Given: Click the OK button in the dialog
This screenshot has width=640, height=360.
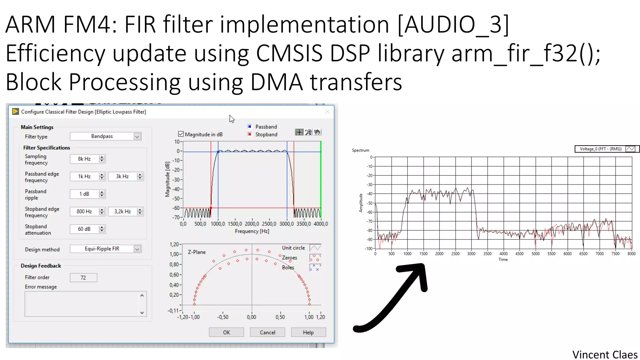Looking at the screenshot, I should [x=226, y=332].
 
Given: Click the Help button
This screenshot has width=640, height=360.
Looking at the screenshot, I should [x=308, y=332].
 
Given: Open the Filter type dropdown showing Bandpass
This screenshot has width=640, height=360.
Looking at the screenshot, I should [x=106, y=136].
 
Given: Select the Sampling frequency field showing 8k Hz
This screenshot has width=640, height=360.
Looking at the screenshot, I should [x=84, y=159].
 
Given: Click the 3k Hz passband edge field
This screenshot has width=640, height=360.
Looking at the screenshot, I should [x=122, y=176].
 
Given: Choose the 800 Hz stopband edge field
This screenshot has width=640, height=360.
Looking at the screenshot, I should [x=84, y=211].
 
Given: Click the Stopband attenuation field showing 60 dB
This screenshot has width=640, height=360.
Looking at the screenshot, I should [x=84, y=229].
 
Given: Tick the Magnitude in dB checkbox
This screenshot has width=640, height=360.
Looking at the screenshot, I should [x=181, y=134].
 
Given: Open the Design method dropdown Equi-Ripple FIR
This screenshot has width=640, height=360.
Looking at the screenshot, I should [x=106, y=249].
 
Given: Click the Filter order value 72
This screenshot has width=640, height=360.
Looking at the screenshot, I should [x=83, y=277].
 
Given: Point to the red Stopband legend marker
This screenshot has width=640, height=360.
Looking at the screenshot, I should [x=250, y=134].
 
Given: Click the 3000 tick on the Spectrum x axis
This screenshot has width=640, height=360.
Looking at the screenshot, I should [x=471, y=254].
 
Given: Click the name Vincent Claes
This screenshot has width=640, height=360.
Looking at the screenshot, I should [x=605, y=355].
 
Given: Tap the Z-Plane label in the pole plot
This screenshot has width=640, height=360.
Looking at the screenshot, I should [x=197, y=252].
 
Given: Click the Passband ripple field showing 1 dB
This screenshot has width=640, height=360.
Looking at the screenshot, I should [x=84, y=194].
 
